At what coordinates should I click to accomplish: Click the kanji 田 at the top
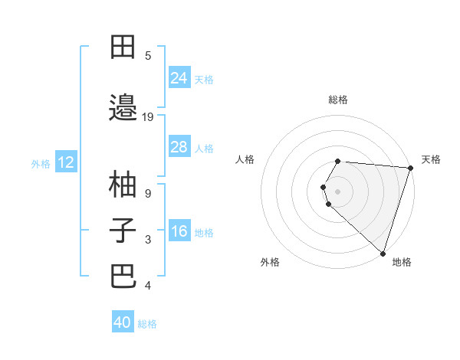(123, 47)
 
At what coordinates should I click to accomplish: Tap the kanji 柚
(123, 184)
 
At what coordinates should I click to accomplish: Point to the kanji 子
(123, 230)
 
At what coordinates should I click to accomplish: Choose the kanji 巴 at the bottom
(123, 277)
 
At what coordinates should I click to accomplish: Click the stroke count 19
(148, 116)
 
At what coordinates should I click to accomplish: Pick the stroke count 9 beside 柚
(148, 193)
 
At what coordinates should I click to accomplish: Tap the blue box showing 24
(179, 77)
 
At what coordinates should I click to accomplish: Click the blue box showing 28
(179, 146)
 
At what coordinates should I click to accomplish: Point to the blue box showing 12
(66, 162)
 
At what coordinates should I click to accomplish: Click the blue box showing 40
(123, 322)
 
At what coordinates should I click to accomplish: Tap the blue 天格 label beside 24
(204, 79)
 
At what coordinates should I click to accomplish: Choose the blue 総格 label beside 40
(147, 324)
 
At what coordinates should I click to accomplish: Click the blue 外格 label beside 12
(41, 163)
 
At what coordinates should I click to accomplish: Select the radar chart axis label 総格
(338, 100)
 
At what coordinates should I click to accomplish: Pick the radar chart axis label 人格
(245, 159)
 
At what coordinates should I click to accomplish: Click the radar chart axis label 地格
(402, 262)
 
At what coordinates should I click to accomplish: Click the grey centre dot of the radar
(338, 191)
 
